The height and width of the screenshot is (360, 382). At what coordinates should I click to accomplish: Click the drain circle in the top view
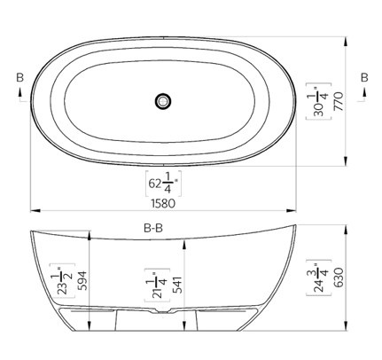(163, 101)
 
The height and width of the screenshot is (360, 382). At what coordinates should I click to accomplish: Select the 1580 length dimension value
(163, 203)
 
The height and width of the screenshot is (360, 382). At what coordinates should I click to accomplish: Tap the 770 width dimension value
(339, 101)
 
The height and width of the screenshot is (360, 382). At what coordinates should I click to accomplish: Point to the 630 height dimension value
(339, 278)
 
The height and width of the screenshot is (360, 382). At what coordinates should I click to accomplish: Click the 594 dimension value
(82, 280)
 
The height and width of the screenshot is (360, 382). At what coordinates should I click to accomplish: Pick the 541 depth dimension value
(177, 285)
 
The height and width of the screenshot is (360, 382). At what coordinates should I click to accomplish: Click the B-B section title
(153, 228)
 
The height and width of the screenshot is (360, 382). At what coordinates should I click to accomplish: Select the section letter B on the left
(19, 77)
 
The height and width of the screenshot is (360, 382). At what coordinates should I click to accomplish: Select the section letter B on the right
(364, 77)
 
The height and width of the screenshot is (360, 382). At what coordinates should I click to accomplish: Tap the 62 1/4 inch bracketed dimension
(163, 184)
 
